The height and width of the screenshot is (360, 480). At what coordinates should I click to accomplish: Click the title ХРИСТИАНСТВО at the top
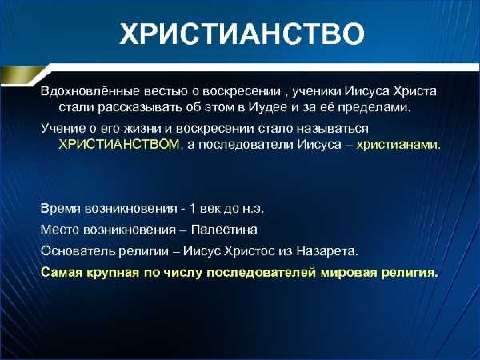(242, 33)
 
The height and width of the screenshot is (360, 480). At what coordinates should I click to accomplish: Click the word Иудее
(267, 107)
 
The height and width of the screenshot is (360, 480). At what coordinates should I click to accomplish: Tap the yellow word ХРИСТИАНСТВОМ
(118, 144)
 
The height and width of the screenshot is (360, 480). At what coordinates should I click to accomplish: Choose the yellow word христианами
(398, 145)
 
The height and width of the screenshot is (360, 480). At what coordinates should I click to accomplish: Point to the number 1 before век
(192, 209)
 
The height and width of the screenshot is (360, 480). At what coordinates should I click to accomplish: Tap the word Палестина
(224, 230)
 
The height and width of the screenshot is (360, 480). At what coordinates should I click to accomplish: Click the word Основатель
(78, 251)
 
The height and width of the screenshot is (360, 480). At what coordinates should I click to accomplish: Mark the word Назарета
(327, 252)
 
